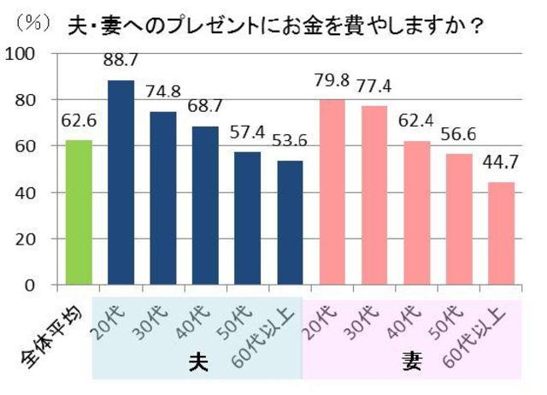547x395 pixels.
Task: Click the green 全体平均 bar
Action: pyautogui.click(x=79, y=212)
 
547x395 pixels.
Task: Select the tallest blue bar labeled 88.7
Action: pyautogui.click(x=121, y=182)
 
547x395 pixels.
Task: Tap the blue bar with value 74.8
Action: pyautogui.click(x=163, y=198)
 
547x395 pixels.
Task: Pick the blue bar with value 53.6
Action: pyautogui.click(x=290, y=222)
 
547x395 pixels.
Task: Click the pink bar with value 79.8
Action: pyautogui.click(x=332, y=192)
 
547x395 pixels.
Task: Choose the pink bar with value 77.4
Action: pyautogui.click(x=374, y=195)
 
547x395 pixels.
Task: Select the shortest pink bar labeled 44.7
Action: pyautogui.click(x=501, y=233)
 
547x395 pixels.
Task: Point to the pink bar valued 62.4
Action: pyautogui.click(x=417, y=212)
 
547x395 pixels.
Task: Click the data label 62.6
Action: pyautogui.click(x=78, y=121)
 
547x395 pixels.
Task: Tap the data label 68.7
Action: pyautogui.click(x=205, y=108)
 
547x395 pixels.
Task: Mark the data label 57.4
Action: pyautogui.click(x=248, y=133)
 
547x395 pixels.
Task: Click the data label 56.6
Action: pyautogui.click(x=459, y=135)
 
